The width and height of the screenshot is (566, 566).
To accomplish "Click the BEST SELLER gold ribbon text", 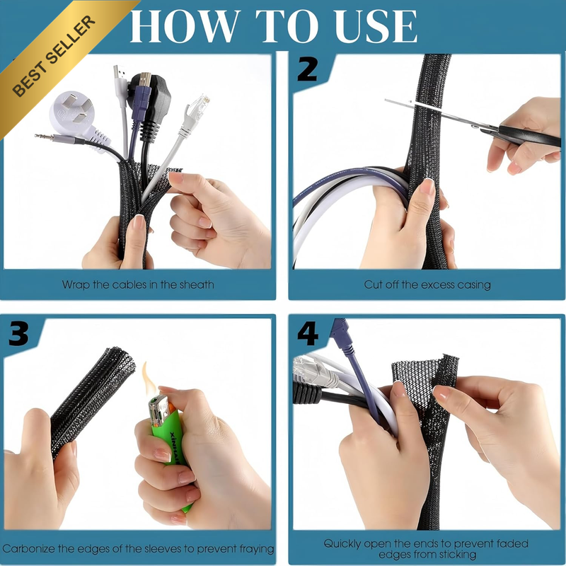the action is pos(54,57).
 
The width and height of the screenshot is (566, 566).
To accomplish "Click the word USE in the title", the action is pos(376,26).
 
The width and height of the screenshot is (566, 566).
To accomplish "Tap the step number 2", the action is pos(307,69).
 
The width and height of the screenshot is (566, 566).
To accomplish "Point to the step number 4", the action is pos(308,333).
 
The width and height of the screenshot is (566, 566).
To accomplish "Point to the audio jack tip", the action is pos(43,137).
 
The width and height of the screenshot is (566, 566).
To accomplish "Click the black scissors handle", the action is pos(528,136).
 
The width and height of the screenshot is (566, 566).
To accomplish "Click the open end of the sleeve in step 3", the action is pos(120,362).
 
